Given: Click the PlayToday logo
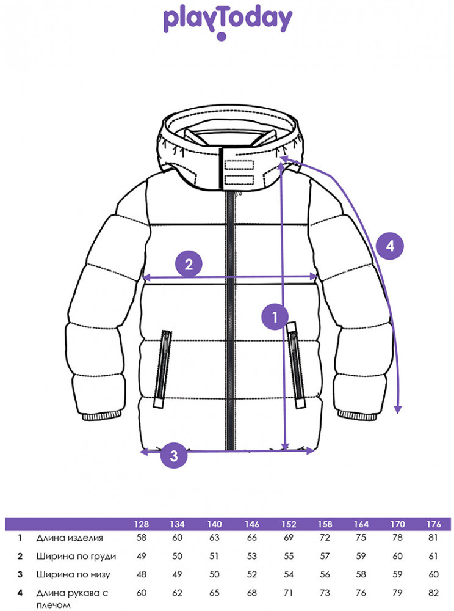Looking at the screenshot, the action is (x=227, y=22).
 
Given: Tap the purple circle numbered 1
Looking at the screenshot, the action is (x=275, y=316).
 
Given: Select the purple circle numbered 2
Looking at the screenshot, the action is (x=189, y=264).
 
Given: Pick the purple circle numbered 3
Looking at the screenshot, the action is (x=174, y=455).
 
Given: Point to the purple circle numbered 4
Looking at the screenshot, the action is (x=390, y=246).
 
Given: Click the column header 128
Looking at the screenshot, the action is (x=141, y=524).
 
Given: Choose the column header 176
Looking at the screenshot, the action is (x=433, y=524).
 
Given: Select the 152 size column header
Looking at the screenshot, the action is (x=289, y=524).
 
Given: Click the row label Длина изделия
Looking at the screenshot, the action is (x=70, y=538).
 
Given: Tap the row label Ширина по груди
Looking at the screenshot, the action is (x=76, y=556).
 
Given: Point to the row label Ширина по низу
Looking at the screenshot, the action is (x=73, y=574).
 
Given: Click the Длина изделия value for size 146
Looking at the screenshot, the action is (x=251, y=538).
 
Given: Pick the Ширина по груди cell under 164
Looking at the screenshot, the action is (x=361, y=556).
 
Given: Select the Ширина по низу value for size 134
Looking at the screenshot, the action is (x=177, y=574).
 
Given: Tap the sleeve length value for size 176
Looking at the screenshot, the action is (x=433, y=593).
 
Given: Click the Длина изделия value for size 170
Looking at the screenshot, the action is (x=397, y=538).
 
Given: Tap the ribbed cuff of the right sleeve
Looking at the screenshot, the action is (x=356, y=415).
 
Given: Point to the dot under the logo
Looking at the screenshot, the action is (x=222, y=37).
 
